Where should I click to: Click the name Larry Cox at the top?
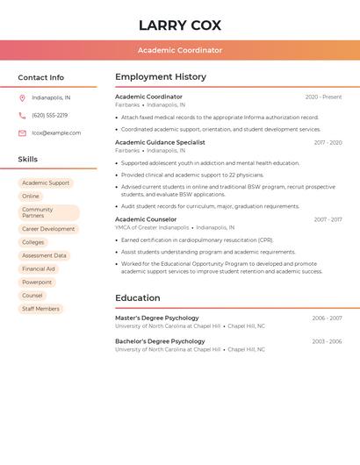click(180, 25)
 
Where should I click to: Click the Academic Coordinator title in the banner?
click(180, 50)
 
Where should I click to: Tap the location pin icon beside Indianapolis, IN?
click(22, 98)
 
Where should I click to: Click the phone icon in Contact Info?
click(22, 116)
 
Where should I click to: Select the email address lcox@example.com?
click(56, 133)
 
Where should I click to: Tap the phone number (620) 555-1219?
click(49, 116)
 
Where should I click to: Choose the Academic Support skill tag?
click(46, 183)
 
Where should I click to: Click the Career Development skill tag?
click(48, 229)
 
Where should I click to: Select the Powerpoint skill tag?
click(37, 283)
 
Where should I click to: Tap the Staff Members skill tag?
click(40, 309)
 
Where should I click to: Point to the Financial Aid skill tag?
click(39, 269)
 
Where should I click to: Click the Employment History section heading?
click(161, 77)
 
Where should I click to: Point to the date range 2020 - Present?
click(323, 97)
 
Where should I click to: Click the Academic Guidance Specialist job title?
click(160, 142)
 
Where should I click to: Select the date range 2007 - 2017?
click(328, 219)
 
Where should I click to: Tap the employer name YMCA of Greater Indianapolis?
click(152, 227)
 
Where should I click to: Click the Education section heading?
click(138, 298)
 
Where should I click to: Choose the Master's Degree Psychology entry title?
click(157, 318)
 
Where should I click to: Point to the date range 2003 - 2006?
click(327, 341)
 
